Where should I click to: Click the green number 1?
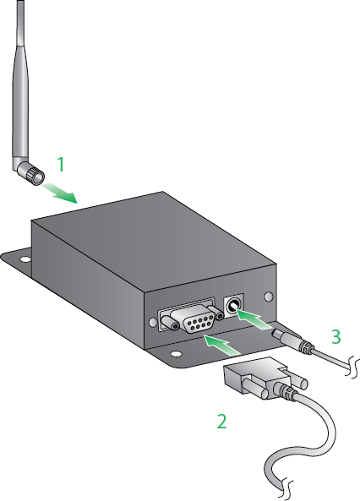coord(60,161)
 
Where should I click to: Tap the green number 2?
coord(221,420)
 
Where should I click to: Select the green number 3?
coord(336,336)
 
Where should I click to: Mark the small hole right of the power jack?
coord(269,297)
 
